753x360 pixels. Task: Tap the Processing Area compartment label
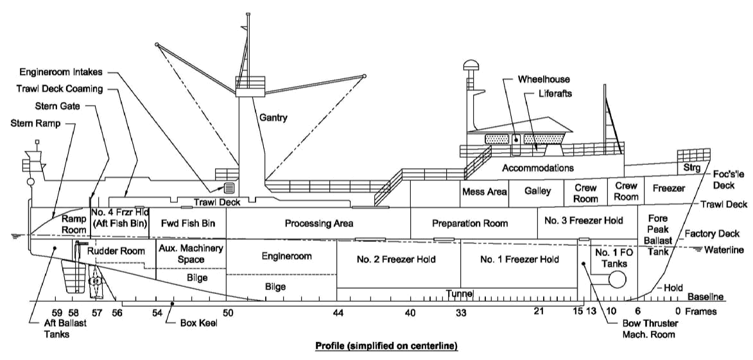pyautogui.click(x=319, y=223)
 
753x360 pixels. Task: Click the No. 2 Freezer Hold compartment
pyautogui.click(x=396, y=260)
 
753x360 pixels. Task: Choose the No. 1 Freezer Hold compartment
pyautogui.click(x=519, y=260)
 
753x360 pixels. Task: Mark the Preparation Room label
pyautogui.click(x=470, y=223)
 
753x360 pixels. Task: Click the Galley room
pyautogui.click(x=538, y=191)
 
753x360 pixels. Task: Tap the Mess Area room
pyautogui.click(x=484, y=192)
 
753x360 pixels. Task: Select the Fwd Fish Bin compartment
pyautogui.click(x=187, y=223)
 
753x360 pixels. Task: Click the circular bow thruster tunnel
pyautogui.click(x=617, y=279)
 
